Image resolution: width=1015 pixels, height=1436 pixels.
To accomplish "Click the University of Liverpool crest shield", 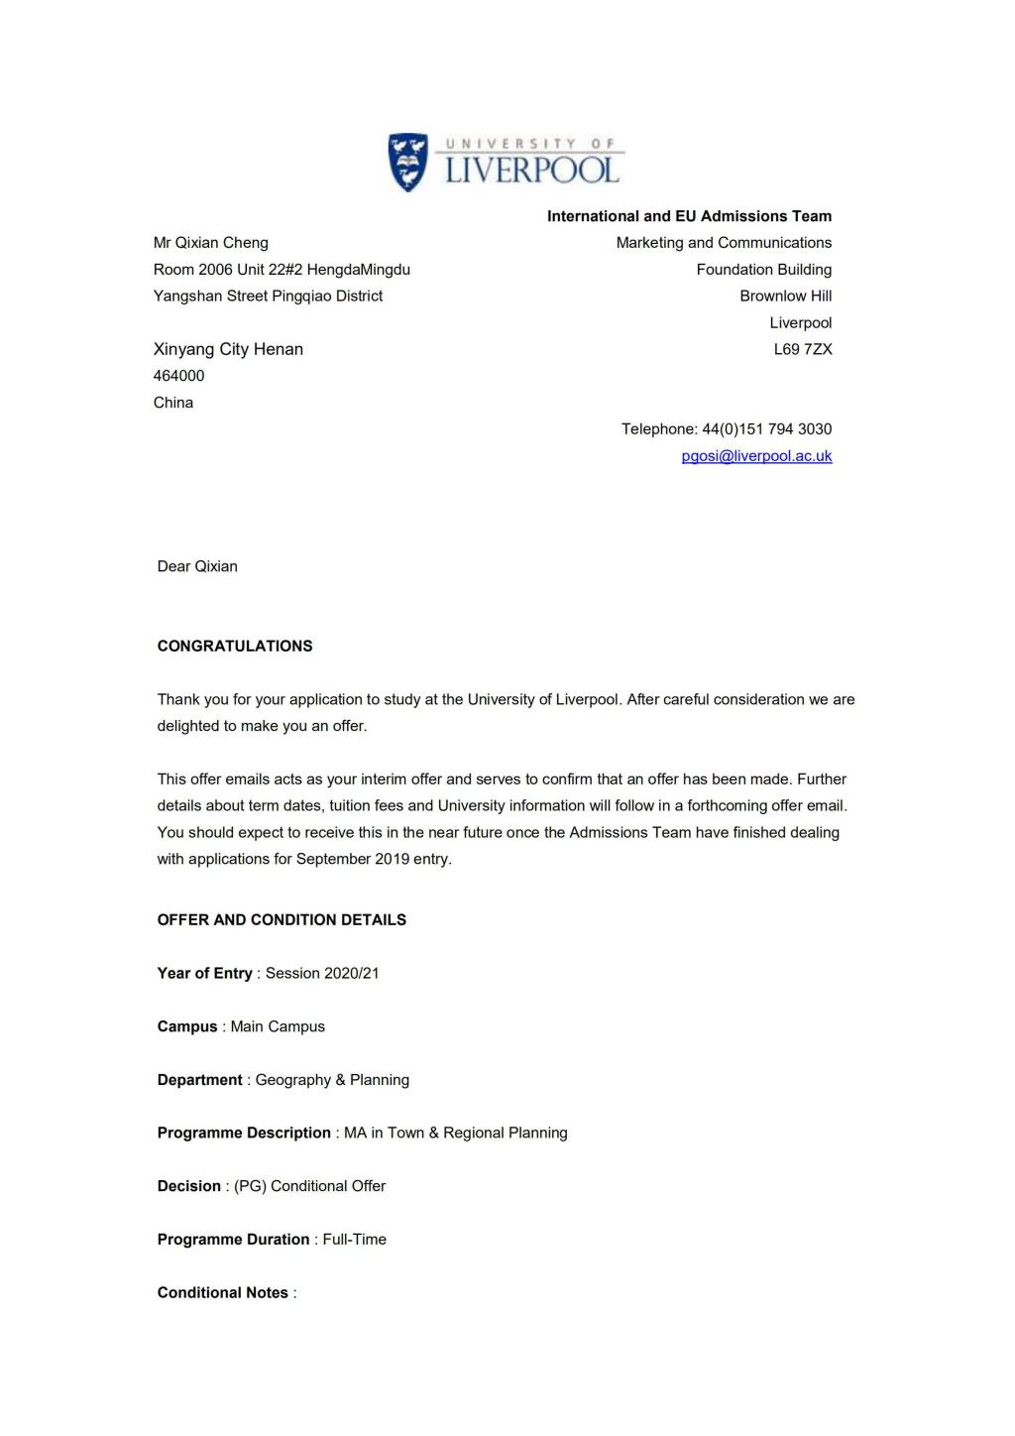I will tap(407, 162).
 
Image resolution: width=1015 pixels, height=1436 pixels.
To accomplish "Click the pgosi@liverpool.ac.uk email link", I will tap(756, 456).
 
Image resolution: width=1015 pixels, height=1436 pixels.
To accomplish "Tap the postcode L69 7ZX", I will tap(803, 349).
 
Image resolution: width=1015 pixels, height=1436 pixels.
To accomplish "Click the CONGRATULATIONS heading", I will tap(235, 647).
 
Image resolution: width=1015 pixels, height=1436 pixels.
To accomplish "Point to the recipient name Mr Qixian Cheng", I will tap(211, 243).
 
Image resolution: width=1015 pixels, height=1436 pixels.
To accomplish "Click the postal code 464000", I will tap(179, 376).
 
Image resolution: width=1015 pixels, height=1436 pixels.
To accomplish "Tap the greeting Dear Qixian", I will tap(197, 567).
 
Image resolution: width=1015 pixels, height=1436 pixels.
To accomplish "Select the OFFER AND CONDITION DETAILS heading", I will tap(282, 920).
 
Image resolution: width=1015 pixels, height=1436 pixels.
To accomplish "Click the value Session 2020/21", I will tap(322, 974).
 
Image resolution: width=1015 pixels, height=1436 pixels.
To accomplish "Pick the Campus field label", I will tap(187, 1027).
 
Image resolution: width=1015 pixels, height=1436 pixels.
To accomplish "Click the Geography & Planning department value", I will tap(332, 1080).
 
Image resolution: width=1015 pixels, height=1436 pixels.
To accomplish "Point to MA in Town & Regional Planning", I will tap(456, 1134).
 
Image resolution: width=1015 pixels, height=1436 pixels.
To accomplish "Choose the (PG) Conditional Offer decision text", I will tap(310, 1187).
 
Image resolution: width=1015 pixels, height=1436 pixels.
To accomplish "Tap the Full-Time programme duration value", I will tap(355, 1240).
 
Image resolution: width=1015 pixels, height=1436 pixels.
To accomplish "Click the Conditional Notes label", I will tap(223, 1293).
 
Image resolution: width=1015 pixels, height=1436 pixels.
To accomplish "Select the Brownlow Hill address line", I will tap(785, 297).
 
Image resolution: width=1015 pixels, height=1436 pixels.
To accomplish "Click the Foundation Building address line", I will tap(763, 270).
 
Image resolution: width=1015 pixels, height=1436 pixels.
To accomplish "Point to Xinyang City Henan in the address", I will tap(228, 349).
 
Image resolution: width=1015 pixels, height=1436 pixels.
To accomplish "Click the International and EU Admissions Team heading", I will tap(689, 216).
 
